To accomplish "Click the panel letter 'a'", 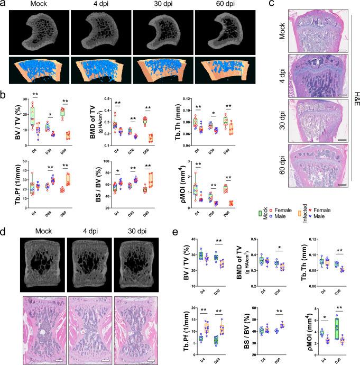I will (x=4, y=5).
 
